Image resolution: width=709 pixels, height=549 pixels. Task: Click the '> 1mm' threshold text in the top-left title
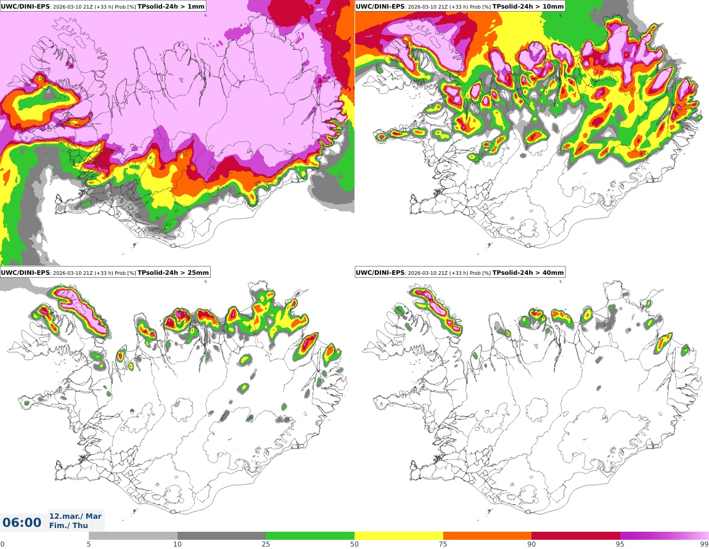pyautogui.click(x=192, y=6)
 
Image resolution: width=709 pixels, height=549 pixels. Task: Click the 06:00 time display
pyautogui.click(x=22, y=523)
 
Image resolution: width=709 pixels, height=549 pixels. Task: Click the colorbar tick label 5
pyautogui.click(x=89, y=544)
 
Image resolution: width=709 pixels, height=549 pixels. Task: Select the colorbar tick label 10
pyautogui.click(x=178, y=544)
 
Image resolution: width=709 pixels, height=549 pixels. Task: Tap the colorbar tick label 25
pyautogui.click(x=266, y=544)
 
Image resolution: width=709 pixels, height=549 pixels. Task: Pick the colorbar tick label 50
pyautogui.click(x=354, y=544)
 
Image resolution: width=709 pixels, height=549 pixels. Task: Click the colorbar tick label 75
pyautogui.click(x=443, y=544)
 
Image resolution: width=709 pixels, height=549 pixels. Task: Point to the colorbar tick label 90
pyautogui.click(x=531, y=544)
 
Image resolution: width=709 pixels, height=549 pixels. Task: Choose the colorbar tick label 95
pyautogui.click(x=620, y=544)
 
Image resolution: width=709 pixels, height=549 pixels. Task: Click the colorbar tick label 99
pyautogui.click(x=704, y=544)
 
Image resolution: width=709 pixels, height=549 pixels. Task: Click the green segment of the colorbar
pyautogui.click(x=310, y=535)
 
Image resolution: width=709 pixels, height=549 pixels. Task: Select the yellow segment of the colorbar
pyautogui.click(x=399, y=535)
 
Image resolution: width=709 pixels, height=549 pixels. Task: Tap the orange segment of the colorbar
pyautogui.click(x=487, y=535)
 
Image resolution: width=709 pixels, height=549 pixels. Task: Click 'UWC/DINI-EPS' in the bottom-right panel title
pyautogui.click(x=380, y=272)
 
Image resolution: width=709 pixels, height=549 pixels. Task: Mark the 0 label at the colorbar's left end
pyautogui.click(x=2, y=544)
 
